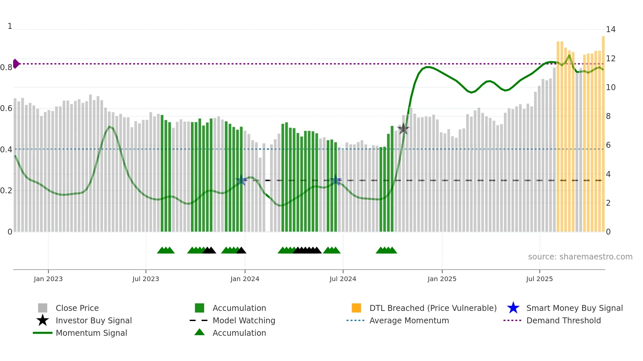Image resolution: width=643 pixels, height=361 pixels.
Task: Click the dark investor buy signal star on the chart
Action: (403, 129)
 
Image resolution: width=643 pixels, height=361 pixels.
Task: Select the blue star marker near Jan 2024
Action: (241, 180)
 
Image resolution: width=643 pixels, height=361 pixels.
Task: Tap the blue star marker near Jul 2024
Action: (336, 180)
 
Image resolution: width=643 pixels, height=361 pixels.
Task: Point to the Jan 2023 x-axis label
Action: (48, 279)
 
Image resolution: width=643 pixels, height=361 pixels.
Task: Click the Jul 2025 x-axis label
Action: (539, 279)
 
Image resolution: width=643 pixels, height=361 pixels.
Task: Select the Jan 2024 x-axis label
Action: (245, 279)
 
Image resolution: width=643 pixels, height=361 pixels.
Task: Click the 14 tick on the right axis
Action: (611, 29)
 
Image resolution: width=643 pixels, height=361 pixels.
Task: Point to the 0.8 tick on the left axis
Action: (6, 67)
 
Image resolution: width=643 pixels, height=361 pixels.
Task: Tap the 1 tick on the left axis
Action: (10, 26)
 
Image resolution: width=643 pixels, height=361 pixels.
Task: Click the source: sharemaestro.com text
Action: (580, 256)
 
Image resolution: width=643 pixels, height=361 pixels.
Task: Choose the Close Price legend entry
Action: (77, 308)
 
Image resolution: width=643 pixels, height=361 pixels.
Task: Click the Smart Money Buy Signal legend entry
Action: (574, 308)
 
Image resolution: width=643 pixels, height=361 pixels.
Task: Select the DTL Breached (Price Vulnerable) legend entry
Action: (433, 308)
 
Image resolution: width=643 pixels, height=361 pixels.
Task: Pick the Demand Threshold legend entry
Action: (563, 320)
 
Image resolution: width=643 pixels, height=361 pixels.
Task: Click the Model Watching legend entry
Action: (243, 320)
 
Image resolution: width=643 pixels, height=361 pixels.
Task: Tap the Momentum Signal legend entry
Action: (91, 333)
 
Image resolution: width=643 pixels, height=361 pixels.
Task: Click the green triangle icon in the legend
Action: (199, 332)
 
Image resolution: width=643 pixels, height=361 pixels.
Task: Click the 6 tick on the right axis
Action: (608, 145)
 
